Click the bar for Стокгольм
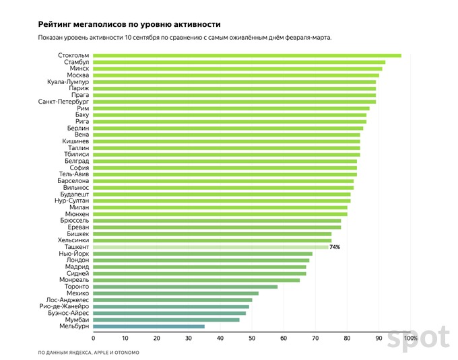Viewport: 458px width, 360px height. pyautogui.click(x=247, y=55)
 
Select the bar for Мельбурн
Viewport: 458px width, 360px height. pyautogui.click(x=149, y=326)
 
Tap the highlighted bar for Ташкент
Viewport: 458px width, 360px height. pyautogui.click(x=211, y=247)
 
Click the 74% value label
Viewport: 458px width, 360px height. pyautogui.click(x=335, y=247)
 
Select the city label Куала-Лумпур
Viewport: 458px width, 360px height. pyautogui.click(x=67, y=82)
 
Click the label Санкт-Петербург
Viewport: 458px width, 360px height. pyautogui.click(x=64, y=102)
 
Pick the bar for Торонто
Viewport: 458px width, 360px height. pyautogui.click(x=185, y=287)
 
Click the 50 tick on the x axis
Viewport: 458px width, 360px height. pyautogui.click(x=252, y=338)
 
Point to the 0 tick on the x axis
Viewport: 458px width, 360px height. pyautogui.click(x=94, y=338)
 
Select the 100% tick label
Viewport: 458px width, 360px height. pyautogui.click(x=411, y=338)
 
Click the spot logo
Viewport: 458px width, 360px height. pyautogui.click(x=427, y=336)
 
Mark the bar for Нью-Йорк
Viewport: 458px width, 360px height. pyautogui.click(x=203, y=254)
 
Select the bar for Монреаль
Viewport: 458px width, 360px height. pyautogui.click(x=197, y=280)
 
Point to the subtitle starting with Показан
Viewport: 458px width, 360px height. pyautogui.click(x=185, y=38)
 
